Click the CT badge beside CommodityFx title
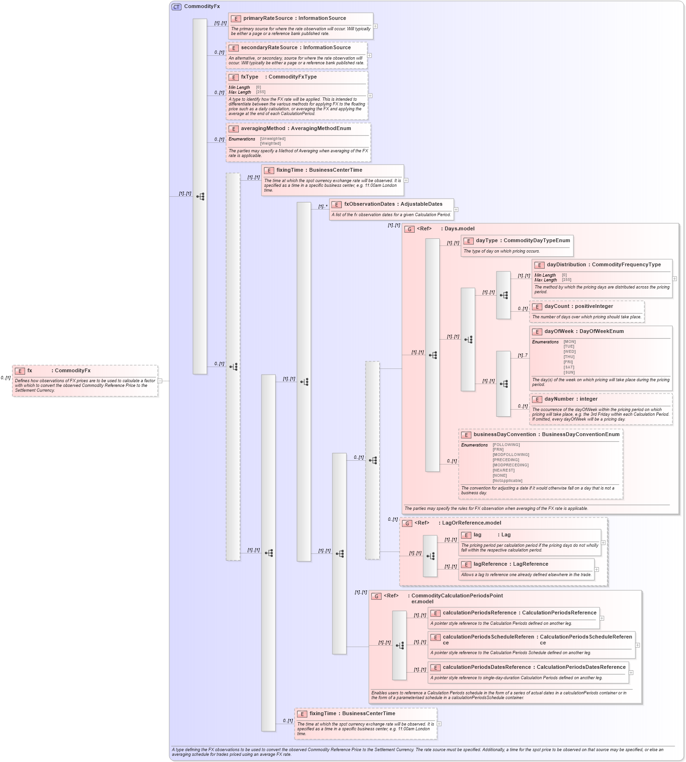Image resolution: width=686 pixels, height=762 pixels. pos(176,7)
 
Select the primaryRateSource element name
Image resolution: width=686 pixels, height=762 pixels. pos(268,18)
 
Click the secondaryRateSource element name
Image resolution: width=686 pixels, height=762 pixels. pos(269,48)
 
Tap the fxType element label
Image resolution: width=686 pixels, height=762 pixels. pos(250,77)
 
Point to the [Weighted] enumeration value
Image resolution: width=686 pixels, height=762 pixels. pos(270,143)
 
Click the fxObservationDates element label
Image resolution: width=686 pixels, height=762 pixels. pos(369,204)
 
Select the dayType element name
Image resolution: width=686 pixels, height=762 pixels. pos(486,241)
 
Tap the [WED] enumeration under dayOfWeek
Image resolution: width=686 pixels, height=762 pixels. pos(569,351)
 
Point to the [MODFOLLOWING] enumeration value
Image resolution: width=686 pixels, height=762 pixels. pos(511,455)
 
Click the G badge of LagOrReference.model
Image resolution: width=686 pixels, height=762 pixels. pos(407,524)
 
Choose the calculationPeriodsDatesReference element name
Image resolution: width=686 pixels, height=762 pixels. pos(486,667)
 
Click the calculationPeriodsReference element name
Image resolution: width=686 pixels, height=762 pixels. pos(479,613)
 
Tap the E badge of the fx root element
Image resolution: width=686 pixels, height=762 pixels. pos(20,371)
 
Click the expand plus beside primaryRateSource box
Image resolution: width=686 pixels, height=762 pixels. pos(375,26)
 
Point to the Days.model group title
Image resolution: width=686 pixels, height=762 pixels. pos(459,229)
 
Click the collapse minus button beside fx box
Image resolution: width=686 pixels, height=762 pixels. pos(160,381)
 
